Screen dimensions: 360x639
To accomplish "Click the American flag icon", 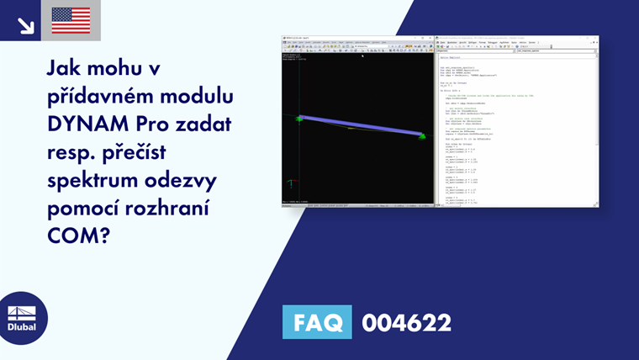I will (x=71, y=20).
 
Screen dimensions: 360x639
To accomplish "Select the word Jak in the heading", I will (x=66, y=66).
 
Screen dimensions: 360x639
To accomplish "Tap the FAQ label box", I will (x=317, y=322).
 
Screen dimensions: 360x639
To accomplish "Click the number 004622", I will (x=406, y=322).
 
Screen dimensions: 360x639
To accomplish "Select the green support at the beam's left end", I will (x=298, y=119).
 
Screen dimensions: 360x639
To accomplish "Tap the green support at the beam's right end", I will (x=421, y=135).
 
